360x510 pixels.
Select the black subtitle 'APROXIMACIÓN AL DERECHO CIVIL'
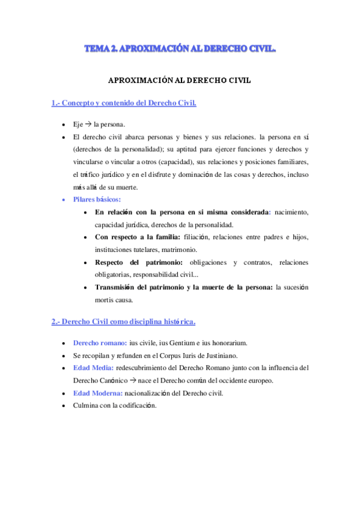coord(179,79)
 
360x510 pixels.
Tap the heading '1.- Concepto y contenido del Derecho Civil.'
coord(124,103)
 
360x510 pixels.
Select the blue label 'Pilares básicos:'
coord(97,199)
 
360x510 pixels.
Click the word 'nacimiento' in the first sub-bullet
coord(291,212)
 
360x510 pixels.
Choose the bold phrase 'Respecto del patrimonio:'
coord(138,262)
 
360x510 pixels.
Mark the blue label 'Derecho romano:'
coord(100,343)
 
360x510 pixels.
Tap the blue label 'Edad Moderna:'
coord(98,393)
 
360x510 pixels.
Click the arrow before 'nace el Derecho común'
coord(132,380)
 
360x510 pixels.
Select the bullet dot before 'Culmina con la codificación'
coord(64,406)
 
